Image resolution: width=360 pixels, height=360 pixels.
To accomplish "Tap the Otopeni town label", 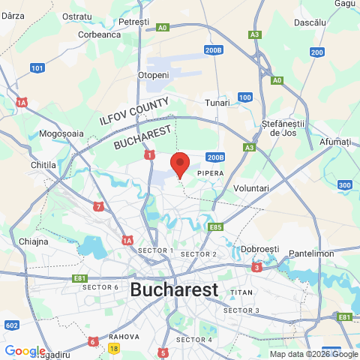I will click(152, 76).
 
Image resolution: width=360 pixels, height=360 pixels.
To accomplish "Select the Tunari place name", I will click(217, 103).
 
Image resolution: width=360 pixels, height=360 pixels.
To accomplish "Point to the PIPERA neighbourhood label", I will click(211, 173).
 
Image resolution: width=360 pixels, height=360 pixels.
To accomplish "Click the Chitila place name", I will click(44, 164).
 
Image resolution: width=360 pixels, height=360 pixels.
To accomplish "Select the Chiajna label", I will click(33, 241).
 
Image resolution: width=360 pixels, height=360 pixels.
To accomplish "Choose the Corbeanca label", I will click(100, 34).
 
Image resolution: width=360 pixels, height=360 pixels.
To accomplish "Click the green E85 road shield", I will click(217, 226).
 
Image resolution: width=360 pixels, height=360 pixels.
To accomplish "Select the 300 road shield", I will click(345, 185).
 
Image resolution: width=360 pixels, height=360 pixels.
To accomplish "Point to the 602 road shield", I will click(11, 325).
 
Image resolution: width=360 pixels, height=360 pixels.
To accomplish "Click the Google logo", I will click(25, 351).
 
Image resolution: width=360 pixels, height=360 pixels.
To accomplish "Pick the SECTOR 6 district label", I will click(100, 287).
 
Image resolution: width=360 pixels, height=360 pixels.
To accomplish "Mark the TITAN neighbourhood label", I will click(242, 292).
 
